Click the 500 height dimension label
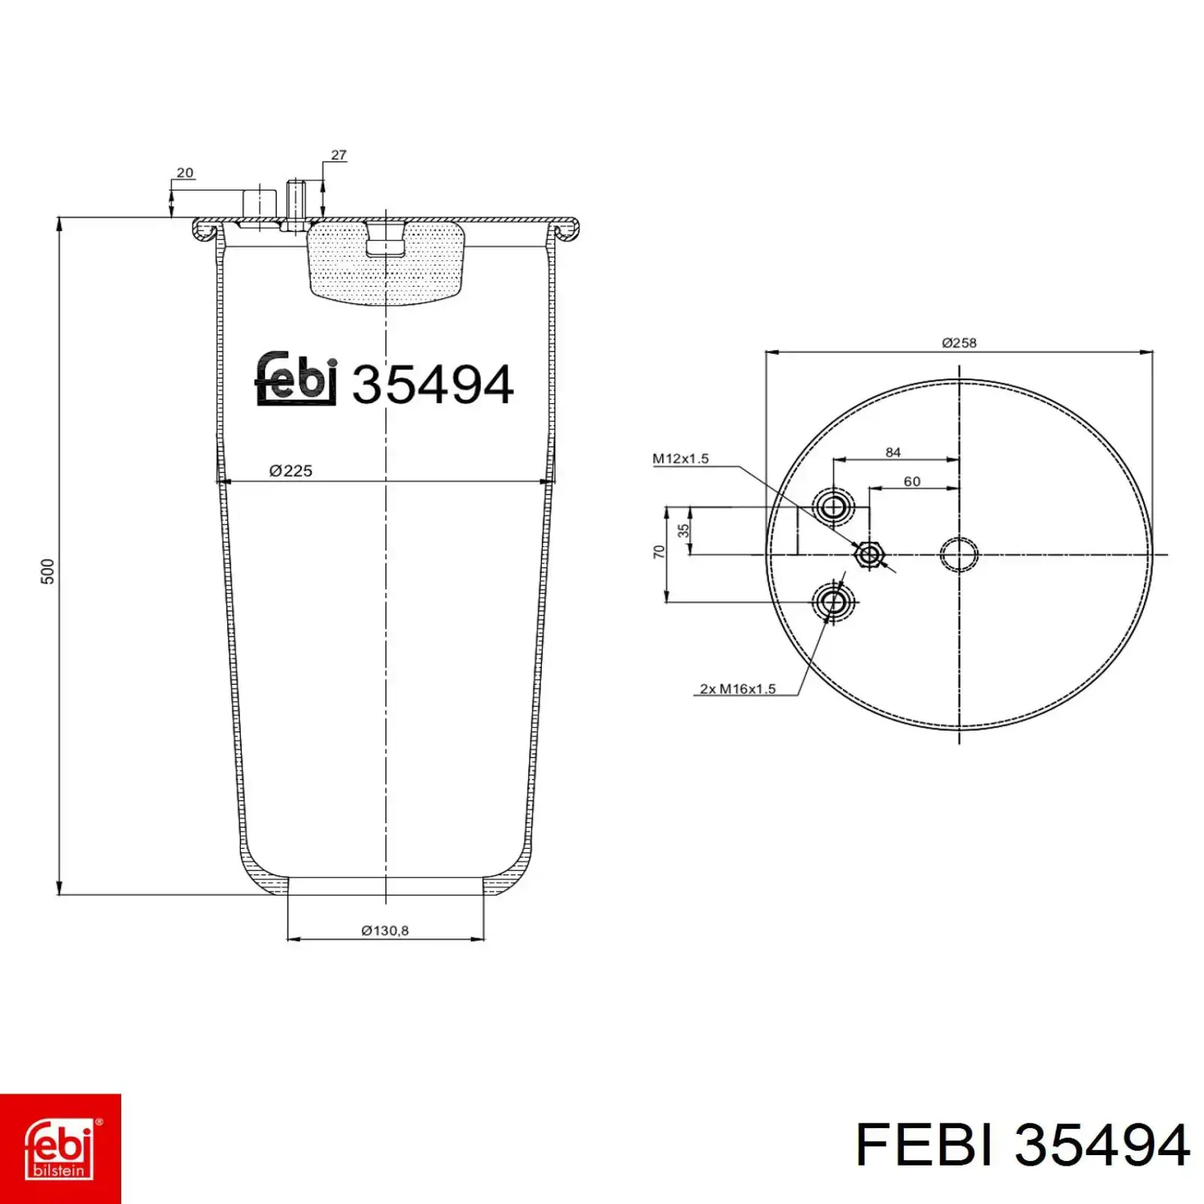tap(47, 571)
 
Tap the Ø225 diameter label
tap(290, 471)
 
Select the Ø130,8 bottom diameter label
tap(385, 931)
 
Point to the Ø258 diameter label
tap(959, 343)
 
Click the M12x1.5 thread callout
tap(680, 458)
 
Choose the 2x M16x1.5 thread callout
tap(737, 689)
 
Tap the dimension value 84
tap(893, 452)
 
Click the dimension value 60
tap(912, 482)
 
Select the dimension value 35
tap(683, 531)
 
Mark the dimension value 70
tap(659, 552)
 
